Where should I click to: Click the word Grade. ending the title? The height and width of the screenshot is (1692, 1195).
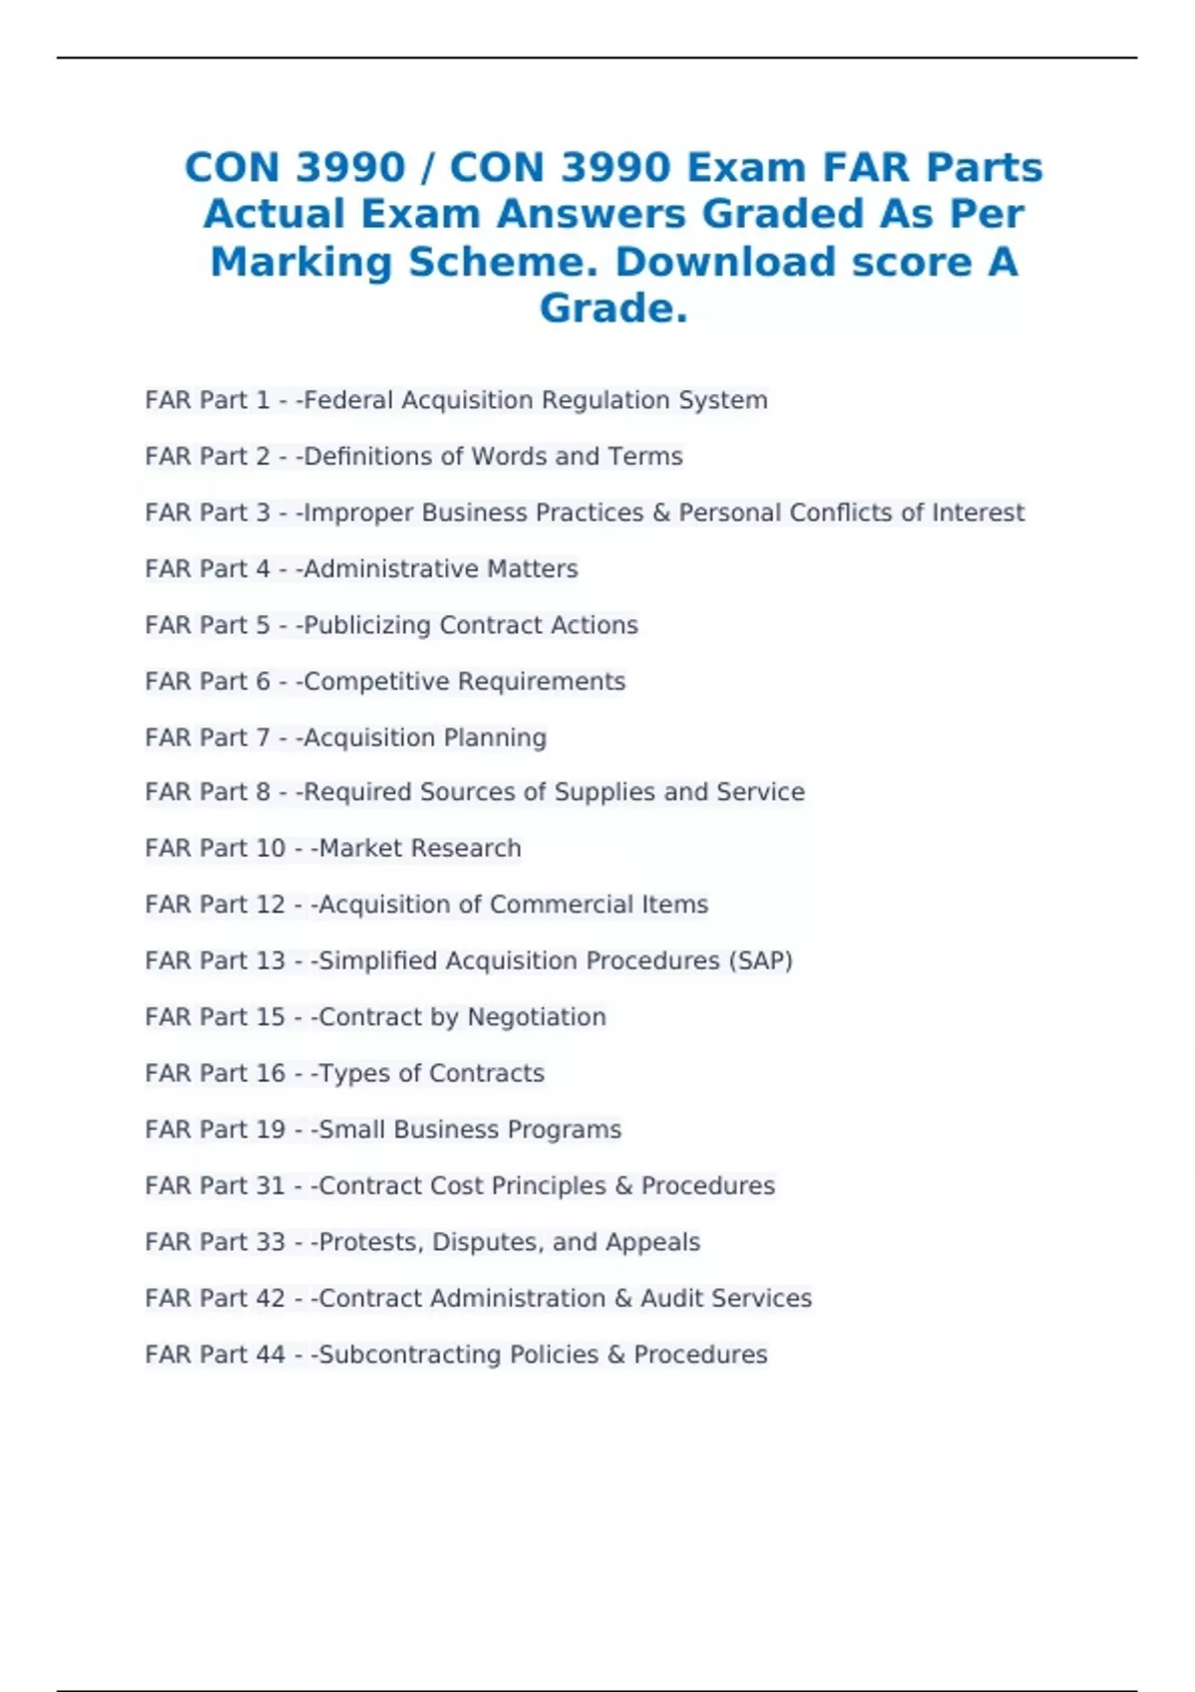pos(613,309)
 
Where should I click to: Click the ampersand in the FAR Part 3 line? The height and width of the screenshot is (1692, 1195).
pos(661,513)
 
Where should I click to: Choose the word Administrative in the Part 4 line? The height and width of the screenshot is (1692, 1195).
pos(375,568)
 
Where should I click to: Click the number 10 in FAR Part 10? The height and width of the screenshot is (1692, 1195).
pos(271,848)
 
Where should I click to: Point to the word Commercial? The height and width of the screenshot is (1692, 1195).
pos(562,904)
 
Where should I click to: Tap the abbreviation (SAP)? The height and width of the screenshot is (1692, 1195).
pos(761,960)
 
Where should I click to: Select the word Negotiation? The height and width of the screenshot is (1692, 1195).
pos(537,1017)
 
